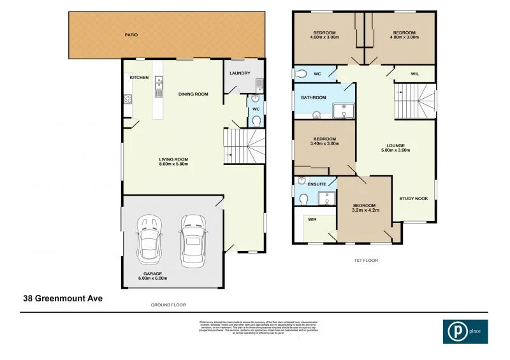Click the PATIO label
pos(131,35)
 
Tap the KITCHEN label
pos(139,78)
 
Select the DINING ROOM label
pos(193,94)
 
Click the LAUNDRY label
pos(239,73)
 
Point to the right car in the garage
pos(193,240)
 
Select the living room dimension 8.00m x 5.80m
pos(173,164)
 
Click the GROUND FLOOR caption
pos(168,306)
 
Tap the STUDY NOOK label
pos(413,199)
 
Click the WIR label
pos(312,219)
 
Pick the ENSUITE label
pos(317,185)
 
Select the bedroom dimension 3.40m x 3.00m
pos(324,144)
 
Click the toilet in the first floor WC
pos(302,73)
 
